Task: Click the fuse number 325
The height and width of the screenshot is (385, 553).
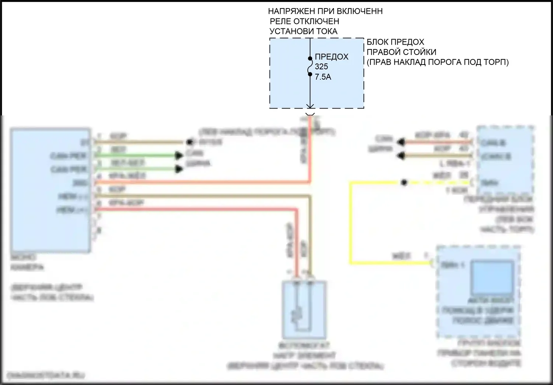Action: tap(321, 67)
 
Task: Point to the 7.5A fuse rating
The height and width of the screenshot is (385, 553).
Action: tap(323, 77)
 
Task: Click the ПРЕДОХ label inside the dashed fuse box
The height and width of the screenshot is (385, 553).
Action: tap(331, 57)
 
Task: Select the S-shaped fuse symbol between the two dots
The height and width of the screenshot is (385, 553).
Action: tap(310, 66)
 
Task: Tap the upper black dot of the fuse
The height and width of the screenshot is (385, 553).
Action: tap(310, 58)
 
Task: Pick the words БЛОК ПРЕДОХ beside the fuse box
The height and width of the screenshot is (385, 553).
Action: tap(395, 42)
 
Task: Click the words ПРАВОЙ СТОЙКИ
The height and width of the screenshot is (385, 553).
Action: tap(401, 52)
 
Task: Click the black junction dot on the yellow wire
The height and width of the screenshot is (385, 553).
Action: tap(404, 182)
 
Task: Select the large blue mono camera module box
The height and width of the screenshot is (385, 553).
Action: tap(51, 190)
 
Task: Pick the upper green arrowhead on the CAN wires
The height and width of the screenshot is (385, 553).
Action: tap(180, 155)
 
